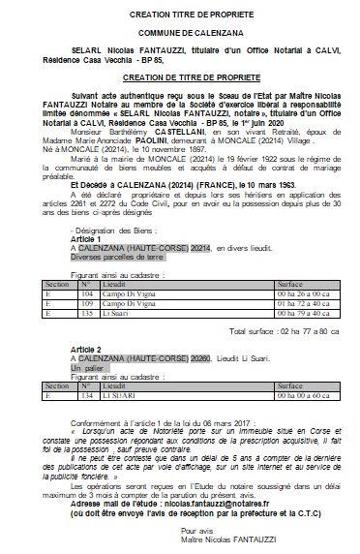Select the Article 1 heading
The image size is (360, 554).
(x=87, y=237)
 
